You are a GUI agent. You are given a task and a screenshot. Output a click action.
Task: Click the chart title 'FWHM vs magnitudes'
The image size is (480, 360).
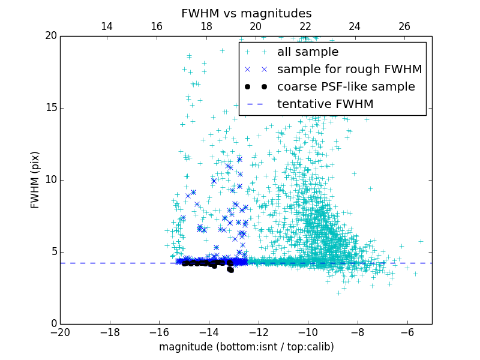(x=246, y=13)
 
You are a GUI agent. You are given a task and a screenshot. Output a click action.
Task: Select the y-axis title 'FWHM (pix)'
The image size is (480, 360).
(x=35, y=179)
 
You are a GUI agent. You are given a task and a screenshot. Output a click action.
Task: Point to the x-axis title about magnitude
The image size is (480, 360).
(x=246, y=347)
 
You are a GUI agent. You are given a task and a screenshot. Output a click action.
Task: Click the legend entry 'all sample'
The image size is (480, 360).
(x=308, y=52)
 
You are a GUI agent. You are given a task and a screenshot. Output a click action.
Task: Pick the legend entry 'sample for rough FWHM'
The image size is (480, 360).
(x=349, y=70)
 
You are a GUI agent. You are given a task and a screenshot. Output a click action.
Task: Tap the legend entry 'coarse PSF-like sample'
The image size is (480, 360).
(x=346, y=87)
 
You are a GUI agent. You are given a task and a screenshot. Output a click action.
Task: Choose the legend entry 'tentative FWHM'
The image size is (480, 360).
(x=325, y=104)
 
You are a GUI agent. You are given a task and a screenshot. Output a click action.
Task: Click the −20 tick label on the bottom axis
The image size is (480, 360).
(x=60, y=332)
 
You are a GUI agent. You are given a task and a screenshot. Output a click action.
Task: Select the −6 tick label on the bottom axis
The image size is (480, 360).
(x=407, y=332)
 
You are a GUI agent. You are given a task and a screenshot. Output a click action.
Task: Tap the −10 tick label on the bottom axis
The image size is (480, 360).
(x=308, y=332)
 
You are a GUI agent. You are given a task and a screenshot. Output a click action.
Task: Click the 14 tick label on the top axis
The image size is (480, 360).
(x=107, y=26)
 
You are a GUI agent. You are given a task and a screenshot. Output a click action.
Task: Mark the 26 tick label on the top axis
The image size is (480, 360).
(x=404, y=26)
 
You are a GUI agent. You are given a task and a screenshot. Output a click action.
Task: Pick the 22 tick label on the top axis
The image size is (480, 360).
(x=305, y=26)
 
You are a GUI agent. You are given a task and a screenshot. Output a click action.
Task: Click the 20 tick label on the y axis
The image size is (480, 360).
(x=50, y=36)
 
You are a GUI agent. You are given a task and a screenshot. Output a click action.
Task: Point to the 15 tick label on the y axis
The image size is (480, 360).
(x=50, y=108)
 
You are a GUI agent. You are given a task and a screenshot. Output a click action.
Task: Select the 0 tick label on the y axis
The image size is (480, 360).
(x=53, y=324)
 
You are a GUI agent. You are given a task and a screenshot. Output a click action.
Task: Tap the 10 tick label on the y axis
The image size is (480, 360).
(x=50, y=180)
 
